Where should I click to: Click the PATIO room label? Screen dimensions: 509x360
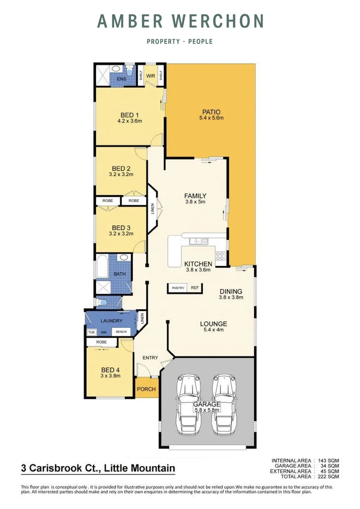[x=212, y=112]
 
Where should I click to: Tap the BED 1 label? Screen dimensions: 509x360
[x=130, y=115]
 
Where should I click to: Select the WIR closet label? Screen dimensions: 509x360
[x=151, y=75]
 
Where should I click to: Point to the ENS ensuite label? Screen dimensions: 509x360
[x=122, y=80]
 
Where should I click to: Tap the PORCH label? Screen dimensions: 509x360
[x=147, y=389]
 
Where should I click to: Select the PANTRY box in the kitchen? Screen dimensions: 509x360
[x=178, y=287]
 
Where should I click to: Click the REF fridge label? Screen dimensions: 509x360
[x=195, y=287]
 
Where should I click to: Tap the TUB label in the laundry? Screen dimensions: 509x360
[x=91, y=332]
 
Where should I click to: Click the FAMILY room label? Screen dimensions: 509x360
[x=195, y=196]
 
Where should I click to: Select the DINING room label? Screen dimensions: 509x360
[x=230, y=291]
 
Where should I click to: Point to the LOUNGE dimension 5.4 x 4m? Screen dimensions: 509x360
[x=213, y=330]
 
